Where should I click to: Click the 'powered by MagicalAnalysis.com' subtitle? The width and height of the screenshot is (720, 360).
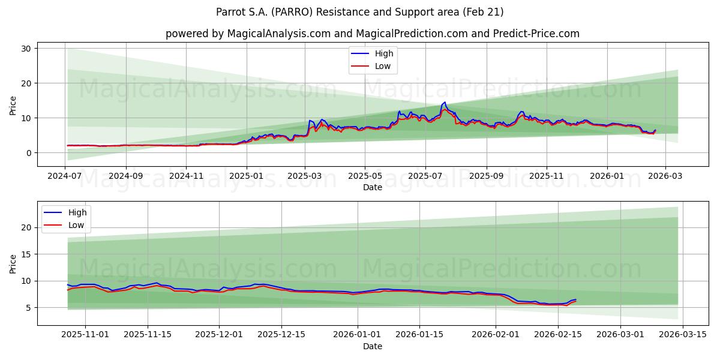pos(373,34)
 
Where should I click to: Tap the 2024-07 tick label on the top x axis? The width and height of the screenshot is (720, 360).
pos(65,176)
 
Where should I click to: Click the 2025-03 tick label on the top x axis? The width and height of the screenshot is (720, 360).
pos(305,176)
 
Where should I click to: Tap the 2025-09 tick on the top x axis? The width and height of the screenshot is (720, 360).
pos(486,176)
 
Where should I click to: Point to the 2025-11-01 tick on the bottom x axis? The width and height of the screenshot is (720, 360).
pos(85,335)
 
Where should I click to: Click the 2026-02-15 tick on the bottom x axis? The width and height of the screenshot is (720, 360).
pos(558,335)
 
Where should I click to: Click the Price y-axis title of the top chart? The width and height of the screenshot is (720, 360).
pos(13,105)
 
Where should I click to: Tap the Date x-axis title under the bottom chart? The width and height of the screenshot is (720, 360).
pos(373,346)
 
